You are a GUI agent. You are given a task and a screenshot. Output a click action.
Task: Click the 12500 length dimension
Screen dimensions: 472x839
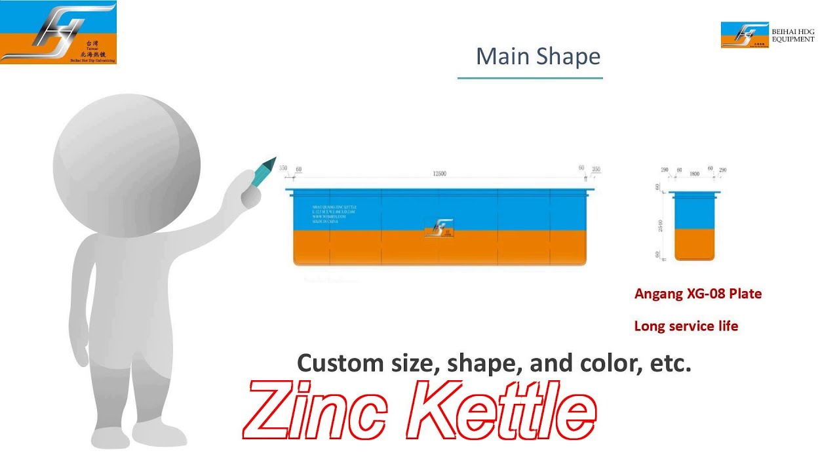click(x=439, y=174)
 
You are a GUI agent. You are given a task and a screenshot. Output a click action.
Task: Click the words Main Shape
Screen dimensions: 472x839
click(x=537, y=56)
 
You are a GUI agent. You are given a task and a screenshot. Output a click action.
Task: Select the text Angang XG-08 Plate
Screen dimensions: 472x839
click(x=697, y=294)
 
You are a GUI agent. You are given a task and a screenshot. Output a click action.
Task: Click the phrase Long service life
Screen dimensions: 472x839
click(x=686, y=326)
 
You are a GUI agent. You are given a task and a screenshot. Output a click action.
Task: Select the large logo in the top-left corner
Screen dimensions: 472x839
click(x=58, y=33)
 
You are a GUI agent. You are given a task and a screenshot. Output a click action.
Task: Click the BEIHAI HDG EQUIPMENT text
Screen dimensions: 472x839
click(x=792, y=35)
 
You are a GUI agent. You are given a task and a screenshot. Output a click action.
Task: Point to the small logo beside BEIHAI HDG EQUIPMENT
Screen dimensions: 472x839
click(x=745, y=35)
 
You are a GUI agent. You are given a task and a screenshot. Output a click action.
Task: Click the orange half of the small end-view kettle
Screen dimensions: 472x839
click(x=694, y=244)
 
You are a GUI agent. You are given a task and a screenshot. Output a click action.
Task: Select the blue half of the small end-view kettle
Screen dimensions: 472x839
click(x=694, y=212)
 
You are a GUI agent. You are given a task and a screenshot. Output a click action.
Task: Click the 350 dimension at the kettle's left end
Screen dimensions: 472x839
click(x=283, y=168)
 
